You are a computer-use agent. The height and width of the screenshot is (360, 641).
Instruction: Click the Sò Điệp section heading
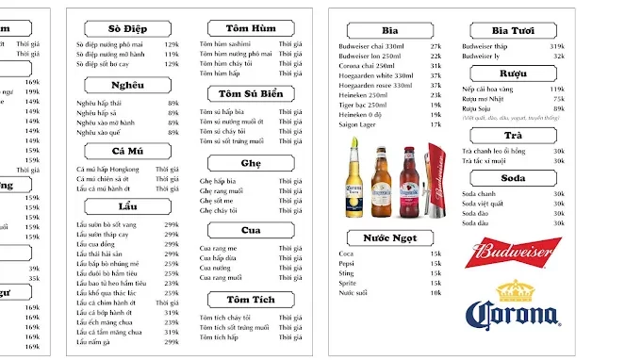(x=127, y=28)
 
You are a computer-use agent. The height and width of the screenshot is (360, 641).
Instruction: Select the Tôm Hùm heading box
(x=250, y=28)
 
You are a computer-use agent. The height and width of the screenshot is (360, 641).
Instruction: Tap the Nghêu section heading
(x=127, y=86)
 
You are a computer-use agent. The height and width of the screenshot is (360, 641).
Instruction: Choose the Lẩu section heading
(x=127, y=205)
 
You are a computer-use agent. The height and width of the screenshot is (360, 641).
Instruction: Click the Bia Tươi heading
(x=514, y=30)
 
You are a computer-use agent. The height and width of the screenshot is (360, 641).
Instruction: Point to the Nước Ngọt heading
(x=389, y=237)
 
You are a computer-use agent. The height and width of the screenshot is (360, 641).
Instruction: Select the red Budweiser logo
(x=512, y=253)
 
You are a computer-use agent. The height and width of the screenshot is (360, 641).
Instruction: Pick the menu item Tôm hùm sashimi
(x=225, y=44)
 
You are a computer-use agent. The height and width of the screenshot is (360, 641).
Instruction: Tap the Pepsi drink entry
(x=348, y=263)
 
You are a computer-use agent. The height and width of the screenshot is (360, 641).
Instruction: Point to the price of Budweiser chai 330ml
(x=436, y=46)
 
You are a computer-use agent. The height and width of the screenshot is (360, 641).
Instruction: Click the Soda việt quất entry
(x=483, y=204)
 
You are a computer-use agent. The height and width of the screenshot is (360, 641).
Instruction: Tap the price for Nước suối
(x=436, y=292)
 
